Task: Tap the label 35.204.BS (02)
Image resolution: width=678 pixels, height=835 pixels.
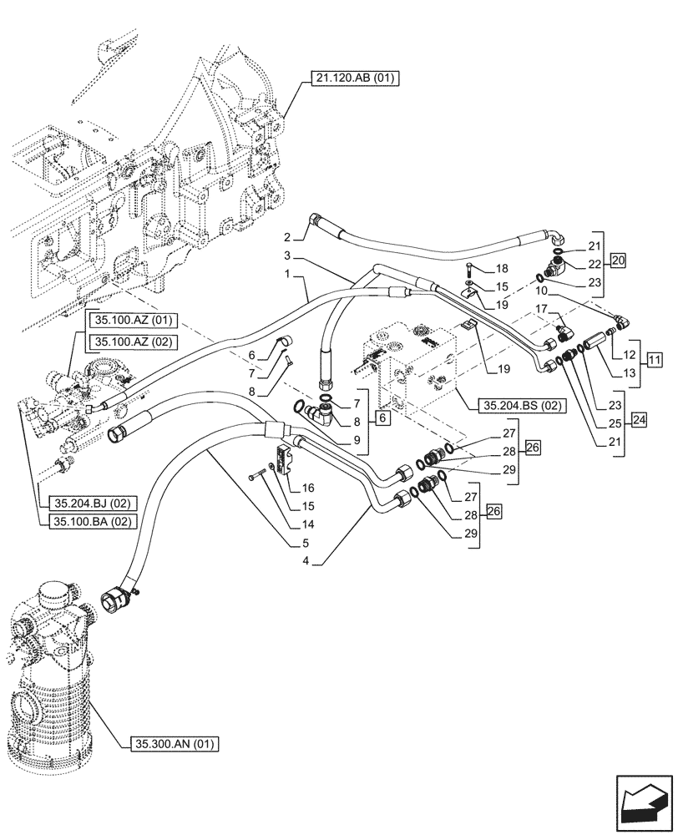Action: pyautogui.click(x=522, y=407)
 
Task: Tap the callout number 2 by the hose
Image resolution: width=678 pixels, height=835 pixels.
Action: pyautogui.click(x=286, y=236)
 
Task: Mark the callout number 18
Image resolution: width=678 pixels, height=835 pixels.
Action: pyautogui.click(x=501, y=268)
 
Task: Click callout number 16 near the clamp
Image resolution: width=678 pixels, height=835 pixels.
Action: pyautogui.click(x=308, y=487)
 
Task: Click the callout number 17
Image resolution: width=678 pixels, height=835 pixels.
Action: pyautogui.click(x=542, y=309)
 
